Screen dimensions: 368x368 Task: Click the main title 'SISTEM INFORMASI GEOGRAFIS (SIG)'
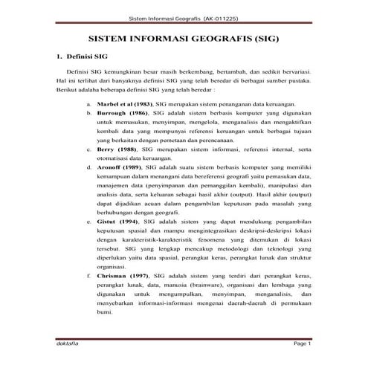pyautogui.click(x=184, y=36)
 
